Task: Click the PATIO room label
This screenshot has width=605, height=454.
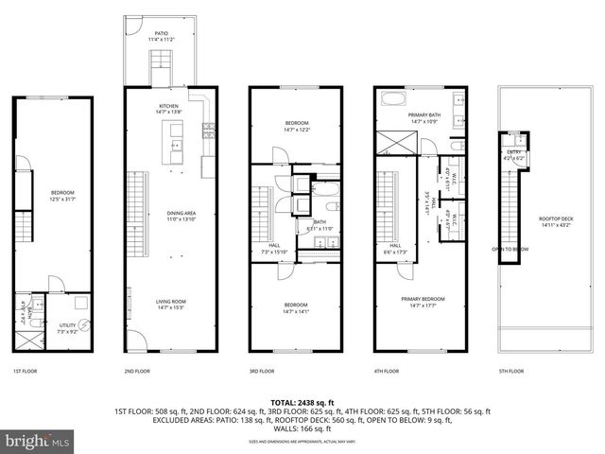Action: pyautogui.click(x=161, y=34)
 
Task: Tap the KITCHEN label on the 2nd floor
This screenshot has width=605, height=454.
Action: pyautogui.click(x=170, y=106)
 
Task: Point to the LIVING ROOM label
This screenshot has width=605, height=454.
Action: pyautogui.click(x=170, y=303)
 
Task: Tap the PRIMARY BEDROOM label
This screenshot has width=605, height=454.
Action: pyautogui.click(x=422, y=299)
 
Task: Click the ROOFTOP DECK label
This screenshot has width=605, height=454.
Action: pyautogui.click(x=551, y=218)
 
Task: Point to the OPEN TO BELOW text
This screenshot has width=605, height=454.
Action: pyautogui.click(x=509, y=250)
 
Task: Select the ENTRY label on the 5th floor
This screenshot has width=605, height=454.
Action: pyautogui.click(x=513, y=152)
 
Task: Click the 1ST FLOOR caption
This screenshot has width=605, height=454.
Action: pyautogui.click(x=26, y=371)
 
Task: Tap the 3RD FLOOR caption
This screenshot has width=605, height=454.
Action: pyautogui.click(x=261, y=371)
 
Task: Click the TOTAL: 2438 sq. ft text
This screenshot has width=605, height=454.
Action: pyautogui.click(x=302, y=402)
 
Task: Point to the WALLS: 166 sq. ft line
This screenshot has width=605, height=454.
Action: pyautogui.click(x=302, y=430)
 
